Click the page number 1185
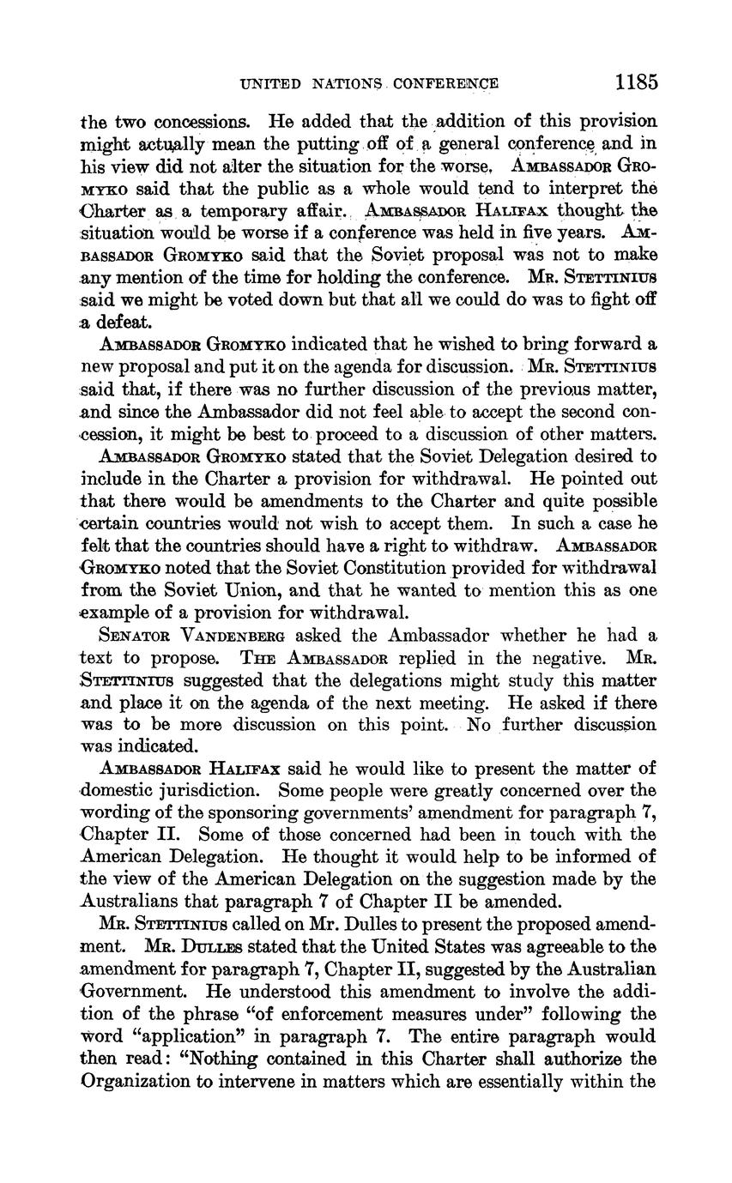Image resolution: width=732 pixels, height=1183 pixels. tap(636, 82)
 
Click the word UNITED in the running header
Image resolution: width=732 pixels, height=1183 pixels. tap(270, 84)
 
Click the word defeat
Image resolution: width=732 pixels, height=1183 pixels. tap(126, 323)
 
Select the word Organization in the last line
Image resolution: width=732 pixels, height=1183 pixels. tap(136, 1082)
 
